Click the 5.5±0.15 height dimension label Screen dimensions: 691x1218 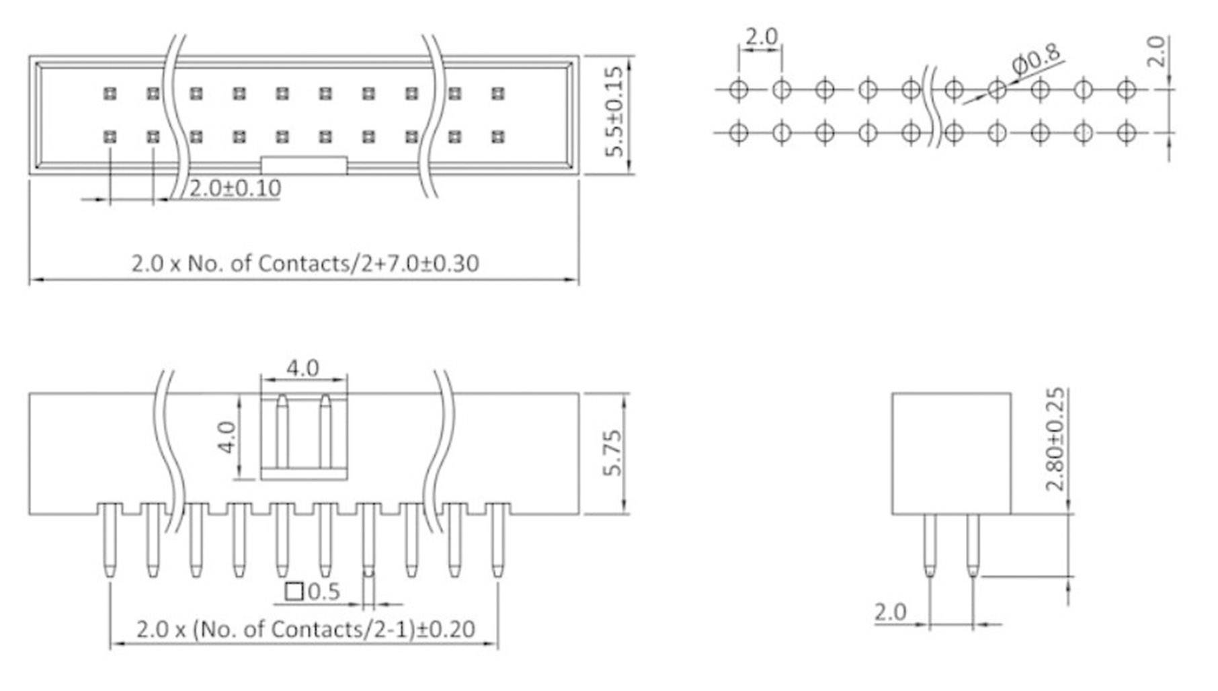coord(614,112)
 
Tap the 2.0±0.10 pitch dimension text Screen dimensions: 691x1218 coord(235,188)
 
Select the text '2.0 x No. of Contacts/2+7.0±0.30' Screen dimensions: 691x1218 coord(304,263)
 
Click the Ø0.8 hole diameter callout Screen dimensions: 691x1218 coord(1036,60)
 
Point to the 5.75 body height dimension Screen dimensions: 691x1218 coord(612,454)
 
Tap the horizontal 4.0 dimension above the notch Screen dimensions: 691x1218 coord(302,368)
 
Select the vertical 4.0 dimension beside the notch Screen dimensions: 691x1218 coord(228,437)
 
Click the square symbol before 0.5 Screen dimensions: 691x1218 coord(294,592)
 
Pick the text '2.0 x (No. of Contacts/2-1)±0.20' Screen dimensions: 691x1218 coord(305,629)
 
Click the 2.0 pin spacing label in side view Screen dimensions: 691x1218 coord(890,612)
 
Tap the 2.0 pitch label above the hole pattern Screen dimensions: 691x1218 coord(761,37)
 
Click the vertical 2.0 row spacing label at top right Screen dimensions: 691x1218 coord(1155,52)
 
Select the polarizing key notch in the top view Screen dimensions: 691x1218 coord(304,165)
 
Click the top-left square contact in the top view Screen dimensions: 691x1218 coord(110,93)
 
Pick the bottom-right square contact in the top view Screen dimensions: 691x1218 coord(497,137)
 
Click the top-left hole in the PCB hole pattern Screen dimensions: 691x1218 coord(738,89)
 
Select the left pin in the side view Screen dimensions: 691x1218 coord(930,544)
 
